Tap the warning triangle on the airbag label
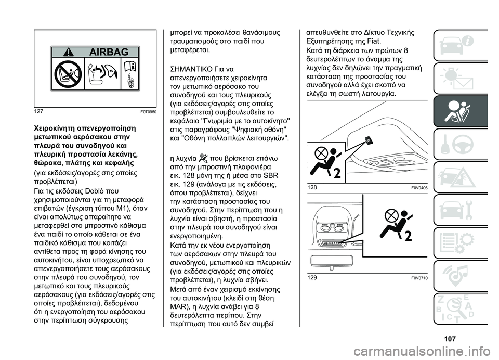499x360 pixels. [68, 53]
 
